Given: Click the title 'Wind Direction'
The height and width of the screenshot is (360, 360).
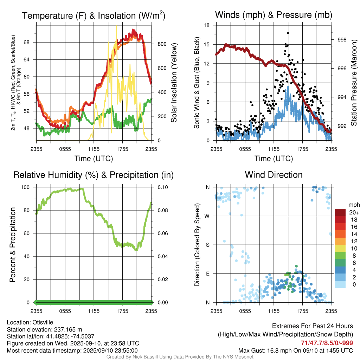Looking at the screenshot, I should click(274, 175).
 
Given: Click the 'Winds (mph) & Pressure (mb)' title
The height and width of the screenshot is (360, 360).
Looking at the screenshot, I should click(274, 15).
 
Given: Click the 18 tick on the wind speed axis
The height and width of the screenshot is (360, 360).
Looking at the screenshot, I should click(207, 25).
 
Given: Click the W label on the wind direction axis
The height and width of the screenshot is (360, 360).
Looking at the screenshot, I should click(208, 216).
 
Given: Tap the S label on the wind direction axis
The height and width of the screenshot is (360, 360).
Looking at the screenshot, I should click(208, 245).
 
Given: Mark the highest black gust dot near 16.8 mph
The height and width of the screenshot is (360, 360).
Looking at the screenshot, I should click(288, 33).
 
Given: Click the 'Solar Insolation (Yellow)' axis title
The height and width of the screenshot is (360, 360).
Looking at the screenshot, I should click(174, 83).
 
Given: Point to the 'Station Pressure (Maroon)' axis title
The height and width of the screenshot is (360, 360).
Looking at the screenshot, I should click(354, 83).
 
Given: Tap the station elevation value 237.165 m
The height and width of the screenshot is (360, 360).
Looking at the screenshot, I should click(67, 329).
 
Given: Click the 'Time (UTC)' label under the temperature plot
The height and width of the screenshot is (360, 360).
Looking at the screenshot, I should click(94, 159).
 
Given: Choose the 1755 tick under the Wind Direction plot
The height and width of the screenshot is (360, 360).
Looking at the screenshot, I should click(302, 311).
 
